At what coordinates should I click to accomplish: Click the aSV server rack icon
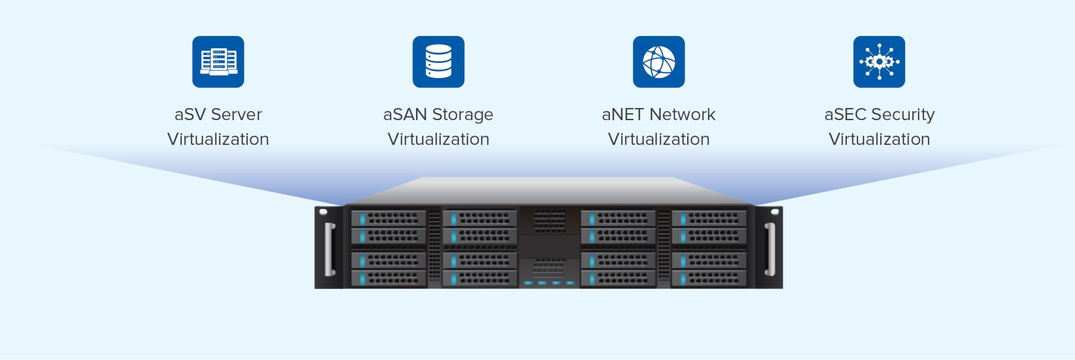pyautogui.click(x=218, y=62)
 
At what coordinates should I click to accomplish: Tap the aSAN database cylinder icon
pyautogui.click(x=438, y=62)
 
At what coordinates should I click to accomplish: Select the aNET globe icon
pyautogui.click(x=659, y=62)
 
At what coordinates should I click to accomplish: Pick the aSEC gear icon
pyautogui.click(x=879, y=62)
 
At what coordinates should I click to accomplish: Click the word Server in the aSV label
pyautogui.click(x=236, y=115)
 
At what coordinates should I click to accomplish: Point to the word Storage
pyautogui.click(x=463, y=115)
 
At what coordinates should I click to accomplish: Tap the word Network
pyautogui.click(x=682, y=115)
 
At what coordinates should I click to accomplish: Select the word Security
pyautogui.click(x=903, y=115)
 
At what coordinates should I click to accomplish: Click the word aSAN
pyautogui.click(x=405, y=115)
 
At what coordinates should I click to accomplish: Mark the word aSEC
pyautogui.click(x=846, y=115)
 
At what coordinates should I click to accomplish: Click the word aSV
pyautogui.click(x=190, y=115)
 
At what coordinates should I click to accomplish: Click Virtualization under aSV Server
pyautogui.click(x=218, y=139)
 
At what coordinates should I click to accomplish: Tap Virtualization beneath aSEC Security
pyautogui.click(x=879, y=139)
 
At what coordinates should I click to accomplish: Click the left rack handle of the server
pyautogui.click(x=330, y=249)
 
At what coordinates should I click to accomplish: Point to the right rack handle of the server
pyautogui.click(x=769, y=249)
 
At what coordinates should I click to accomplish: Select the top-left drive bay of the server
pyautogui.click(x=388, y=218)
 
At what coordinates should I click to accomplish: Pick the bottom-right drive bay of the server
pyautogui.click(x=709, y=279)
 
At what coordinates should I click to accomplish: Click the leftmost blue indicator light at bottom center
pyautogui.click(x=528, y=283)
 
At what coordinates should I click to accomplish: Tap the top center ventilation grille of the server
pyautogui.click(x=550, y=221)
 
